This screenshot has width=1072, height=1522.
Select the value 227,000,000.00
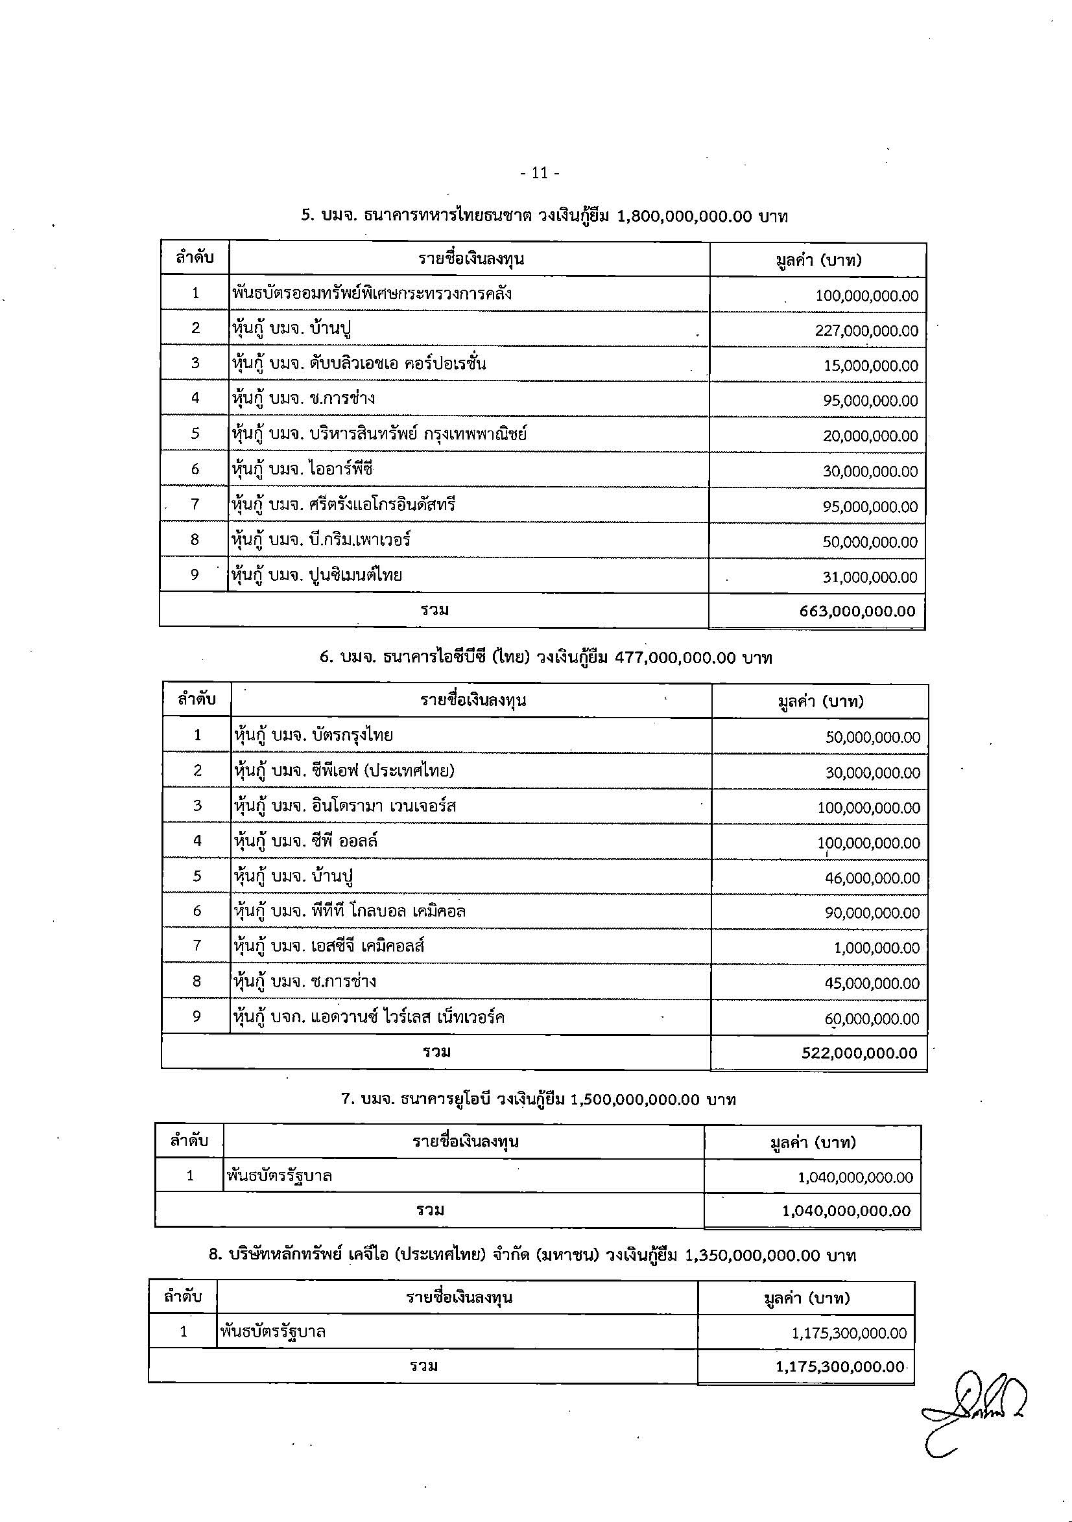tap(866, 331)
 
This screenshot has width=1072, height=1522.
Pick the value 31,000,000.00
tap(870, 578)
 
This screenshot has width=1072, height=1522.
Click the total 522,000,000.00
tap(860, 1053)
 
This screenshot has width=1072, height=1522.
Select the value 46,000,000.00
tap(872, 878)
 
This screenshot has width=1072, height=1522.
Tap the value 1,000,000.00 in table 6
tap(876, 948)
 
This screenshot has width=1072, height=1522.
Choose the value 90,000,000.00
tap(872, 913)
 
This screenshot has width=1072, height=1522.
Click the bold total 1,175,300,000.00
tap(840, 1367)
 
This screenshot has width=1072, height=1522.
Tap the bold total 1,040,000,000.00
tap(846, 1211)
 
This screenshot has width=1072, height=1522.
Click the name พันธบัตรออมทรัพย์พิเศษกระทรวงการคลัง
tap(372, 293)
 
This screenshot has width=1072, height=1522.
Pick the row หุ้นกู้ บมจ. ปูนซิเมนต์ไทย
tap(317, 575)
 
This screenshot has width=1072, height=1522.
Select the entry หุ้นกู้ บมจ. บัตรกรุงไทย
tap(314, 735)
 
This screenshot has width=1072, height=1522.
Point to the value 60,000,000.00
tap(872, 1019)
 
